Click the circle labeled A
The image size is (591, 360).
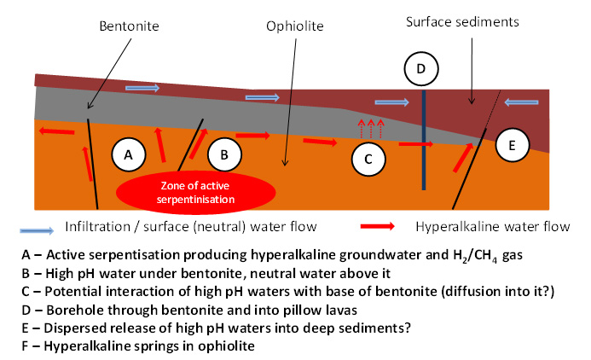tap(129, 154)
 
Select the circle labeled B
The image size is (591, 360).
tap(224, 154)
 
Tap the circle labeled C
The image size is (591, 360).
tap(368, 158)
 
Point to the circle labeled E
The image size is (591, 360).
tap(512, 145)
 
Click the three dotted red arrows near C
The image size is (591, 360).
tap(370, 129)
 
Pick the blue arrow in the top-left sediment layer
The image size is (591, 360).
tap(142, 87)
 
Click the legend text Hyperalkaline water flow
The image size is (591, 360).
tap(492, 228)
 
